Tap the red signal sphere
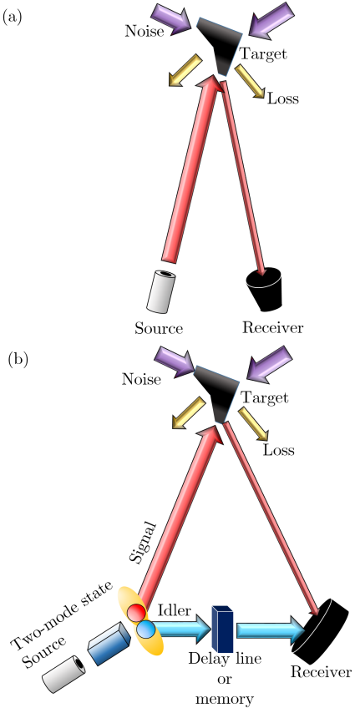[137, 613]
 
